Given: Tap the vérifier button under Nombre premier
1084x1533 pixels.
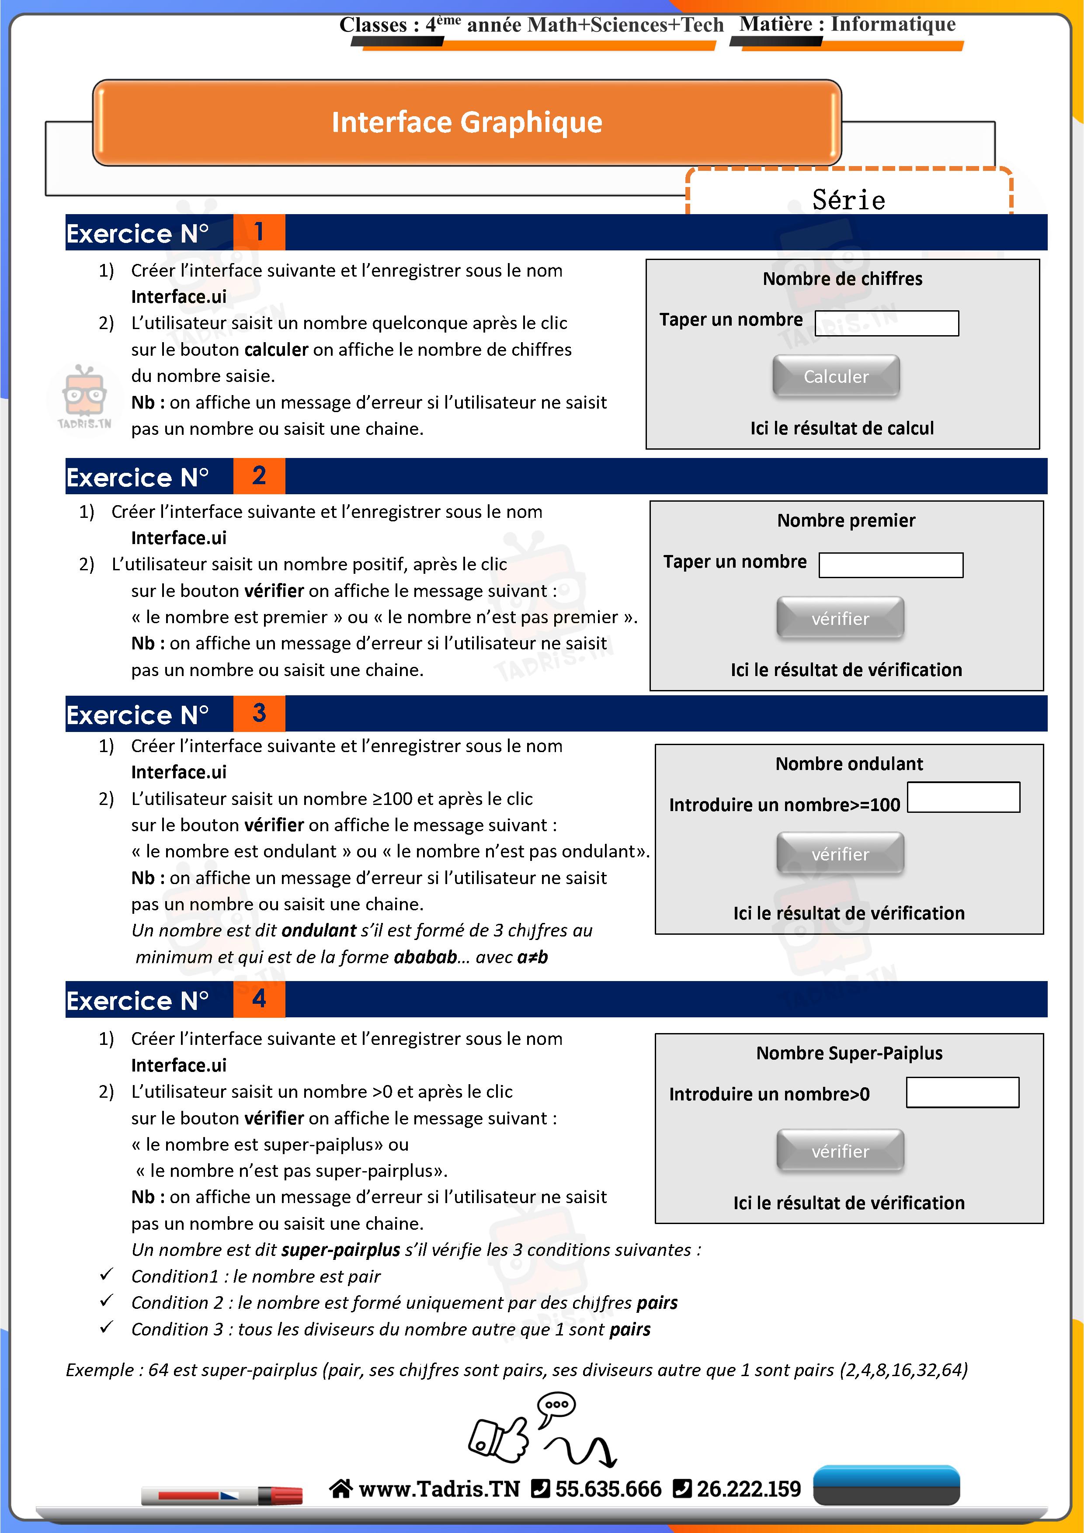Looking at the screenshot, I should point(840,618).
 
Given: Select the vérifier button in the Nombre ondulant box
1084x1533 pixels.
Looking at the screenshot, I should point(840,853).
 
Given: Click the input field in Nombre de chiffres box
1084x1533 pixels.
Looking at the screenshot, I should point(886,323).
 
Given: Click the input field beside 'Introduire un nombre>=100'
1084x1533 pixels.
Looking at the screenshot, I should point(963,797).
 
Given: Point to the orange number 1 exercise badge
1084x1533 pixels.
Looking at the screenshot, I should point(259,232).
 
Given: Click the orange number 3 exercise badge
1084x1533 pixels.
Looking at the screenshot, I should point(259,713).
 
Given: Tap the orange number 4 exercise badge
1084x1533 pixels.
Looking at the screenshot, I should point(259,999).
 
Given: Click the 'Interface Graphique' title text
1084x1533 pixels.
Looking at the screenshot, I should point(467,122).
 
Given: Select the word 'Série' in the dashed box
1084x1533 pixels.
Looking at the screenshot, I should point(848,200).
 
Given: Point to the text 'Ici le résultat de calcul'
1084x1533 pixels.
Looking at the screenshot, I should point(841,428).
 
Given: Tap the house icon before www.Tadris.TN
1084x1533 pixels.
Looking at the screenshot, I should point(340,1488).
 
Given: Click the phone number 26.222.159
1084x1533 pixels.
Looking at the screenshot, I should point(748,1488).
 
